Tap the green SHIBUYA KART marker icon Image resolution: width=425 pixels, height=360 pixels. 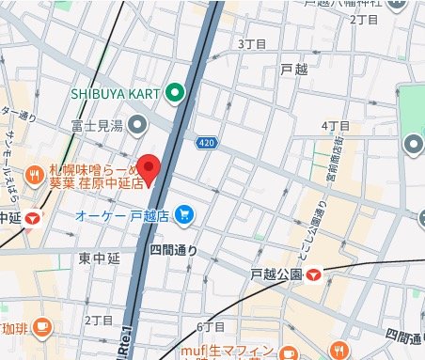[176, 94]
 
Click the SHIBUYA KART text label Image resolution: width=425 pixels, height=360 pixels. [117, 94]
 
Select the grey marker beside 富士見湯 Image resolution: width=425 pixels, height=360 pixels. [137, 123]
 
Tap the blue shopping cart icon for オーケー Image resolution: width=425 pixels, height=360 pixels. [184, 215]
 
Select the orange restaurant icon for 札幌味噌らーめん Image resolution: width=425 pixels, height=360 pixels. [34, 172]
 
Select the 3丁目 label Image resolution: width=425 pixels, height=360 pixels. [254, 44]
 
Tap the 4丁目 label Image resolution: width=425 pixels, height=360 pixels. [336, 126]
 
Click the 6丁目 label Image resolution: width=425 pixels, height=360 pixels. [212, 326]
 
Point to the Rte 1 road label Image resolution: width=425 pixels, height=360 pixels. [125, 343]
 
